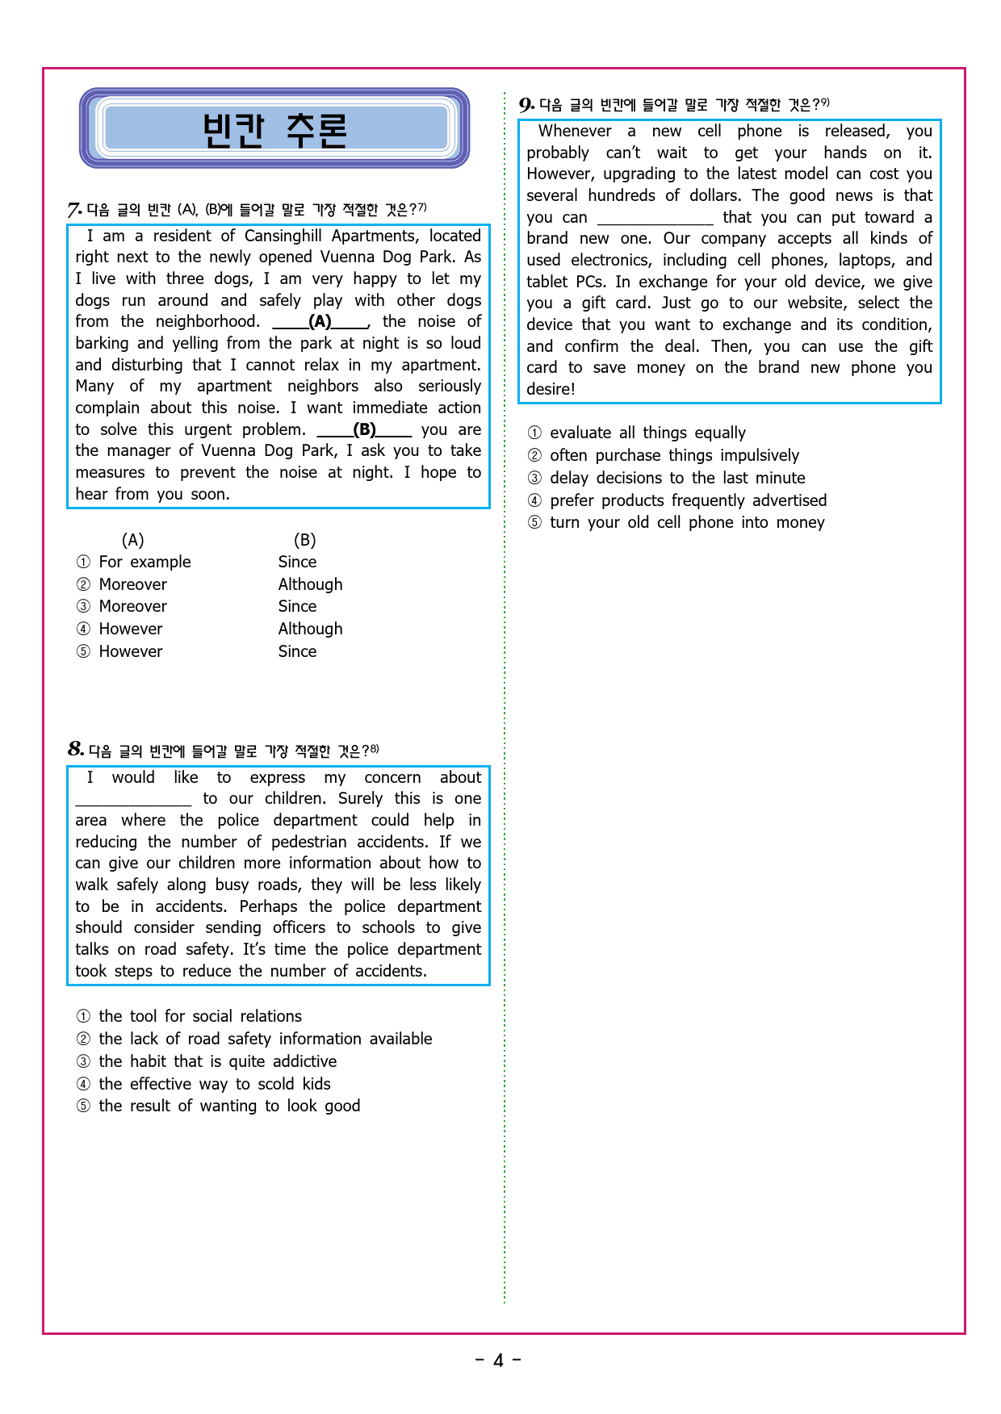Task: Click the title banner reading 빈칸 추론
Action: pos(274,129)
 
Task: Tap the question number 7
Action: pos(74,211)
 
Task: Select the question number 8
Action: pos(76,750)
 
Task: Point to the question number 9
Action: pos(526,105)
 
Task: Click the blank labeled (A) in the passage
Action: pos(320,322)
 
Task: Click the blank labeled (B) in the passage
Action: pos(364,430)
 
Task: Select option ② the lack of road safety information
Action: pos(265,1040)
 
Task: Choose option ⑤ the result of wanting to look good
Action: pos(229,1107)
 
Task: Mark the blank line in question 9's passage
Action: pos(655,218)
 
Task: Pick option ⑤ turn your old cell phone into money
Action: pos(687,523)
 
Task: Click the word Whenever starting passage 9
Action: pos(575,132)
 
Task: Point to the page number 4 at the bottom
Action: pos(498,1361)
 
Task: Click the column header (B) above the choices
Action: pos(304,541)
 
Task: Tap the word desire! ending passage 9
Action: pos(551,390)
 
